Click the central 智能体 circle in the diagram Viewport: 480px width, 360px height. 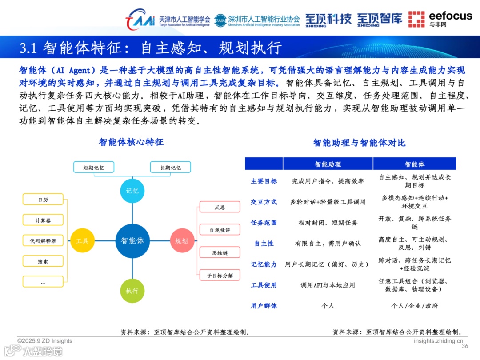click(x=132, y=241)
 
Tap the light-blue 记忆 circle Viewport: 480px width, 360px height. click(x=132, y=191)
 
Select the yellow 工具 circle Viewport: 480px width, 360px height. click(x=82, y=241)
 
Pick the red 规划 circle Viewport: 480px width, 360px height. click(x=182, y=241)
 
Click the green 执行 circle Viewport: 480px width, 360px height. click(x=132, y=291)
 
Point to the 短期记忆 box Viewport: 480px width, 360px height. click(x=94, y=168)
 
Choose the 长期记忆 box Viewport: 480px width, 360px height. click(x=171, y=168)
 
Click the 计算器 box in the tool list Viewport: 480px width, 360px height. click(x=43, y=220)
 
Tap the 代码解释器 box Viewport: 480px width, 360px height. click(x=43, y=241)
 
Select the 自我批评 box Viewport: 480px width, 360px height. click(x=220, y=230)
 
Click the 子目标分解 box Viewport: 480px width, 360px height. click(x=220, y=276)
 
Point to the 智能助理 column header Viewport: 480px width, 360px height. click(x=328, y=164)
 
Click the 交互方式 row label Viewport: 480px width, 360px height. click(x=264, y=202)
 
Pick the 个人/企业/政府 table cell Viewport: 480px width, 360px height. click(x=414, y=306)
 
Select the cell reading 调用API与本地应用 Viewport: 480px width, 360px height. click(x=328, y=285)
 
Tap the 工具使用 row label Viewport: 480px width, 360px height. click(x=264, y=285)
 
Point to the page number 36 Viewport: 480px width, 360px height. click(x=465, y=346)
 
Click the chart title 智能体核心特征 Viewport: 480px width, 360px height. click(x=131, y=142)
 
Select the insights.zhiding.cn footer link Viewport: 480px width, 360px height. click(x=438, y=341)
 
